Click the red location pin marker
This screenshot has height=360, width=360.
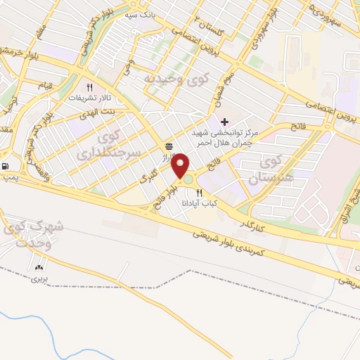(x=181, y=166)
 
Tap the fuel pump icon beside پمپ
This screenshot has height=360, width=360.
(x=6, y=167)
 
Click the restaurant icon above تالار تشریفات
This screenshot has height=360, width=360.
(x=89, y=87)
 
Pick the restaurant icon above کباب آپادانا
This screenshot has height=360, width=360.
(x=200, y=193)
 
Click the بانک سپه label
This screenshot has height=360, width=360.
(x=141, y=14)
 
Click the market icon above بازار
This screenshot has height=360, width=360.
(x=169, y=146)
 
